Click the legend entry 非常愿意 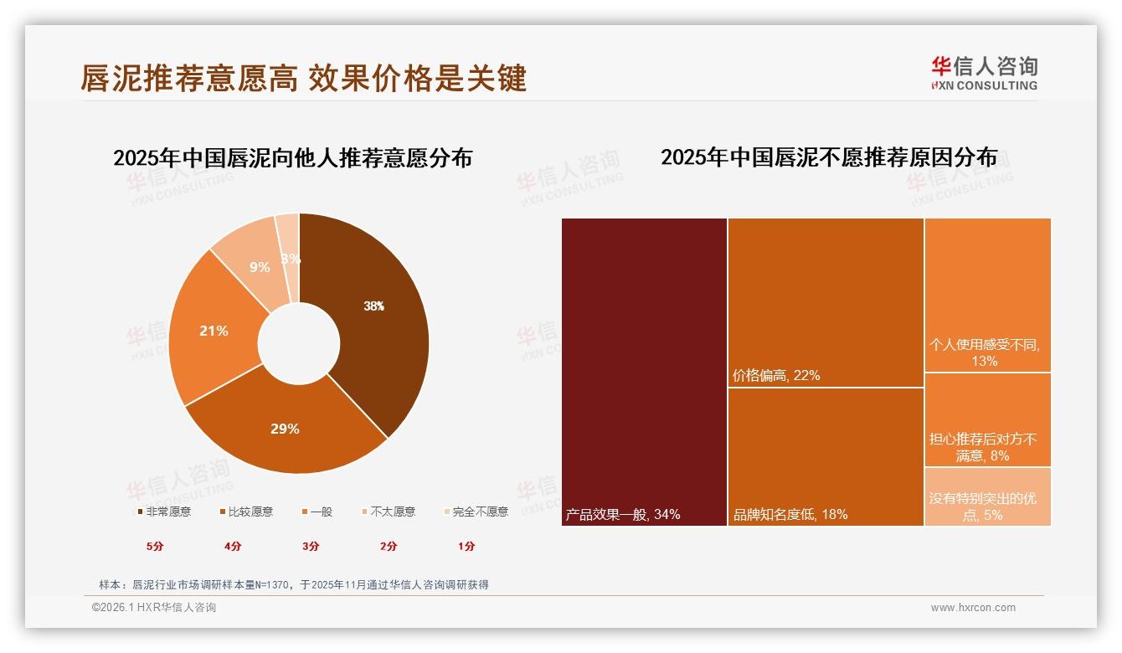click(164, 512)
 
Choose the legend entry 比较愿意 click(246, 512)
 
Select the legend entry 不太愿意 click(389, 512)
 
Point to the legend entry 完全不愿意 click(476, 512)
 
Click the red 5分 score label click(156, 546)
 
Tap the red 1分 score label click(466, 546)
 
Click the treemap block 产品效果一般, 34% click(644, 372)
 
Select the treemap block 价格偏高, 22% click(825, 302)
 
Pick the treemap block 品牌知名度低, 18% click(825, 456)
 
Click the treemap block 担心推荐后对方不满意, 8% click(987, 419)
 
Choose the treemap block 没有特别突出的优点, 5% click(987, 496)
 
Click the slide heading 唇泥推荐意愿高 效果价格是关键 click(303, 78)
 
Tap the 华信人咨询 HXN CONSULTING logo click(984, 73)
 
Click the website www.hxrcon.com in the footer click(973, 608)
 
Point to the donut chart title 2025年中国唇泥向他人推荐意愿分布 click(292, 157)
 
